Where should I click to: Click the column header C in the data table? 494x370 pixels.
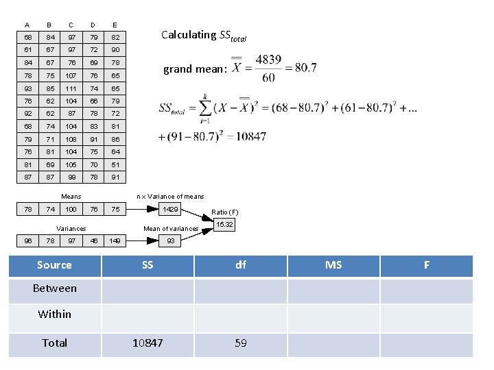pos(71,25)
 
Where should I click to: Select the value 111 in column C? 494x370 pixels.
pos(71,89)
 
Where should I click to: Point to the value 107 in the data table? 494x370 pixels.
pos(71,76)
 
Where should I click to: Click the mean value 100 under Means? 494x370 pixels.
pos(71,210)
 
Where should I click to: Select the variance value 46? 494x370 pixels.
pos(93,241)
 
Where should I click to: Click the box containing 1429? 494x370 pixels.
pos(170,210)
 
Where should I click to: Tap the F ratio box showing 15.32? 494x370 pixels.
pos(224,225)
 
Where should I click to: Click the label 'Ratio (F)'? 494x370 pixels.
pos(225,212)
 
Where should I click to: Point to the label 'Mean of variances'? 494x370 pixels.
pos(171,228)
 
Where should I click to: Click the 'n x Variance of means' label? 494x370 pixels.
pos(170,197)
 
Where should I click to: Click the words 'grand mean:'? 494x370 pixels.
pos(194,69)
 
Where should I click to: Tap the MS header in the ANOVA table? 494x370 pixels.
pos(333,265)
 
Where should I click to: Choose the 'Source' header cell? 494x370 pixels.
pos(54,265)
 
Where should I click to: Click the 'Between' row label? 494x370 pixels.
pos(54,288)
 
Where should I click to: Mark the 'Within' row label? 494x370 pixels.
pos(54,314)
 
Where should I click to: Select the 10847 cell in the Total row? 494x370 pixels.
pos(148,343)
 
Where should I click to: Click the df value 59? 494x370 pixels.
pos(240,343)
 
